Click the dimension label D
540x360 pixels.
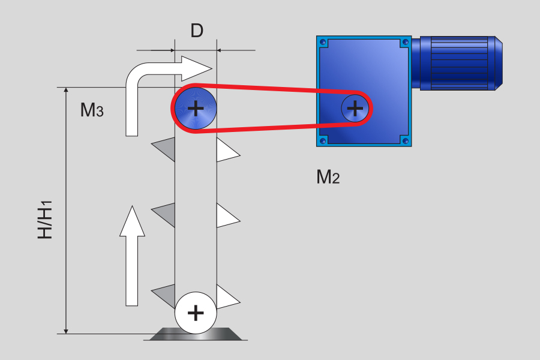[197, 31]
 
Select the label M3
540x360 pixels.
[92, 110]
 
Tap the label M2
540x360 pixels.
[328, 177]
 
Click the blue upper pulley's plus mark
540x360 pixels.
[195, 109]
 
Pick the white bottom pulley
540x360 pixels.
[195, 313]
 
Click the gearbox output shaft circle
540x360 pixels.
[355, 108]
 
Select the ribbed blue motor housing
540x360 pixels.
[460, 62]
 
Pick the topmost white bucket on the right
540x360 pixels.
[226, 150]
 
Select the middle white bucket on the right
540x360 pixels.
[226, 216]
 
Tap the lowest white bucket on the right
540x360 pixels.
[226, 296]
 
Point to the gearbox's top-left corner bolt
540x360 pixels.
[323, 42]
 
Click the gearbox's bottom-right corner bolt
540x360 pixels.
[406, 141]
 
